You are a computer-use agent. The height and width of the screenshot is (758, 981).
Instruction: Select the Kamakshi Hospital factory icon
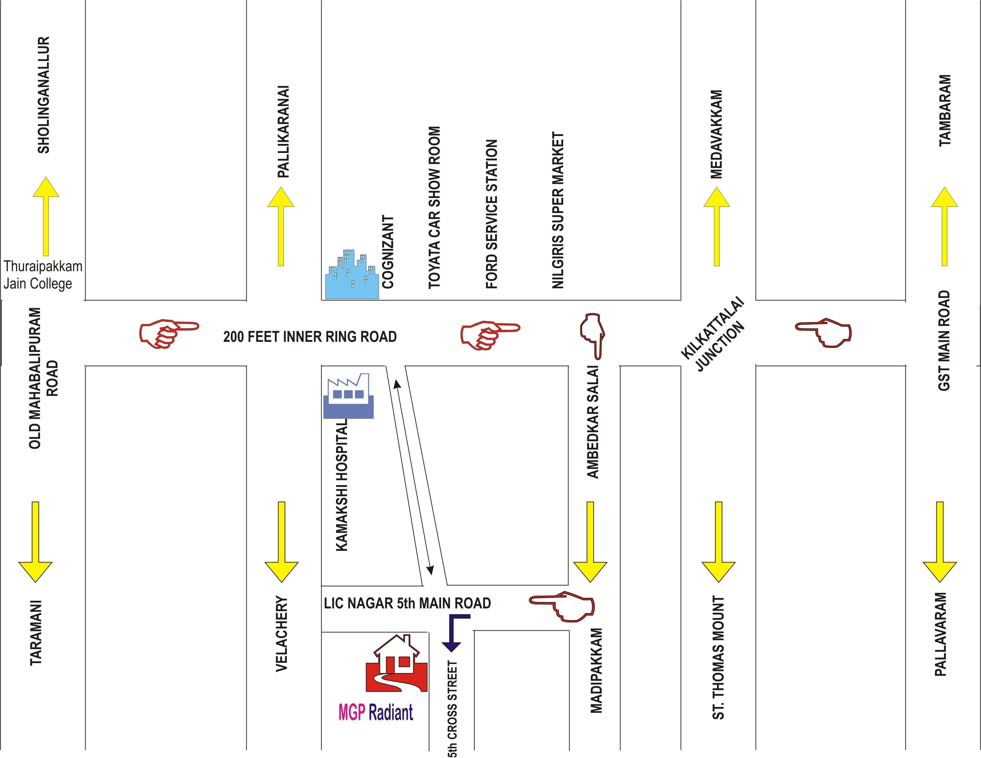tap(348, 397)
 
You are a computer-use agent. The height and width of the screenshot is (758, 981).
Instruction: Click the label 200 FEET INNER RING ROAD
tap(310, 337)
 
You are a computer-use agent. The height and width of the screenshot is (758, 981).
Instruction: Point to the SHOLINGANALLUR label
tap(44, 95)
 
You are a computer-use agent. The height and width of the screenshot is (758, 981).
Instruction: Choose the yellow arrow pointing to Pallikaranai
tap(281, 227)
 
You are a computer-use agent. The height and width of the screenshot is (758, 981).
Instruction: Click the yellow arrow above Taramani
tap(36, 541)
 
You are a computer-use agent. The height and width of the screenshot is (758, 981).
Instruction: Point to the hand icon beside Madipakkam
tap(563, 606)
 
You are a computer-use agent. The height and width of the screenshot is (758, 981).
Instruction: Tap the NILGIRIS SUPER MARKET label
tap(557, 210)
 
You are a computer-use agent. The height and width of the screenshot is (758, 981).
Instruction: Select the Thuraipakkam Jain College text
tap(43, 275)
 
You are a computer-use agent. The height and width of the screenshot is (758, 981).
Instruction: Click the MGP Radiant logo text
tap(376, 713)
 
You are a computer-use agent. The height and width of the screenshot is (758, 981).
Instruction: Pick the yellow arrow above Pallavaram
tap(940, 541)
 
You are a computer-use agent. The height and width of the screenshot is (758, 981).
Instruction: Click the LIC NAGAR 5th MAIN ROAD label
tap(407, 603)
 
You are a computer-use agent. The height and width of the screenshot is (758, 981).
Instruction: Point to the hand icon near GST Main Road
tap(824, 333)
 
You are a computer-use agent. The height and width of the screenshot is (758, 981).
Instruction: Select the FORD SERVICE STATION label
tap(492, 214)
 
